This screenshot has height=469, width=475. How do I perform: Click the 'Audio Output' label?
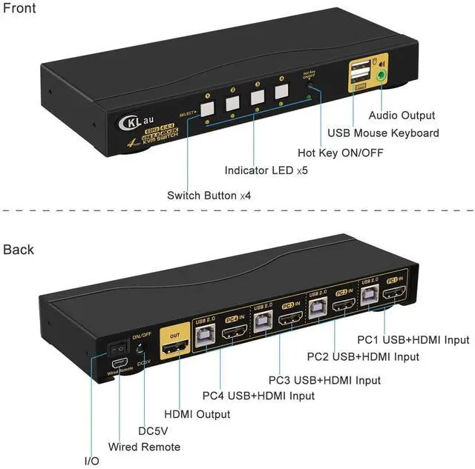tap(402, 115)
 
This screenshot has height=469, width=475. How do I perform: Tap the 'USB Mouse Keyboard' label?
tap(383, 133)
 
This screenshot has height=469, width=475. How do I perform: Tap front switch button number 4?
tap(281, 93)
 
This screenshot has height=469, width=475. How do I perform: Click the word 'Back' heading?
tap(19, 250)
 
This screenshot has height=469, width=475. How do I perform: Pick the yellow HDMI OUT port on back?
tap(175, 342)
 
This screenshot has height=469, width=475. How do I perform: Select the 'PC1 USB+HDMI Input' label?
tap(415, 340)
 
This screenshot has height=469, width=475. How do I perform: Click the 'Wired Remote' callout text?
tap(144, 447)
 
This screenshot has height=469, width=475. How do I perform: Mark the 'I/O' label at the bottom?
tap(91, 461)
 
